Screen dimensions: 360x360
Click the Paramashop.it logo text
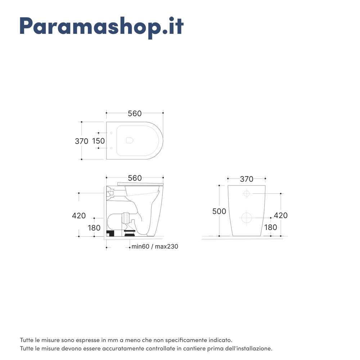pyautogui.click(x=102, y=27)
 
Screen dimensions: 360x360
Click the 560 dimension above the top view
pyautogui.click(x=135, y=113)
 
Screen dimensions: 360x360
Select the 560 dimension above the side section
pyautogui.click(x=135, y=178)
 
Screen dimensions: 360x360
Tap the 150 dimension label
pyautogui.click(x=99, y=141)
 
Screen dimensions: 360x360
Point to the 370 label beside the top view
pyautogui.click(x=81, y=141)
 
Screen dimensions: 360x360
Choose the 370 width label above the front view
pyautogui.click(x=247, y=179)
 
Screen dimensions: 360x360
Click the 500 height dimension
pyautogui.click(x=219, y=211)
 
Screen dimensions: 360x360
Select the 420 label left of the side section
pyautogui.click(x=79, y=216)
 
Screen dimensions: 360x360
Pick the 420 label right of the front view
pyautogui.click(x=281, y=215)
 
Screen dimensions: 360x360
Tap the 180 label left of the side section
pyautogui.click(x=94, y=228)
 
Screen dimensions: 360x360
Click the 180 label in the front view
pyautogui.click(x=271, y=227)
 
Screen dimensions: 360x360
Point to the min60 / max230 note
pyautogui.click(x=155, y=247)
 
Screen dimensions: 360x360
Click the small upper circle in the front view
pyautogui.click(x=247, y=194)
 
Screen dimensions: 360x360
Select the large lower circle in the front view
pyautogui.click(x=247, y=217)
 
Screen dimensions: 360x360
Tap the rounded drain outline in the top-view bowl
pyautogui.click(x=130, y=140)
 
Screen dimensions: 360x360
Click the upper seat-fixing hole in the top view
pyautogui.click(x=111, y=133)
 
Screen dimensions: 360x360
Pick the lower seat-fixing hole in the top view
pyautogui.click(x=111, y=148)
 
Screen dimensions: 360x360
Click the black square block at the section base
pyautogui.click(x=111, y=233)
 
